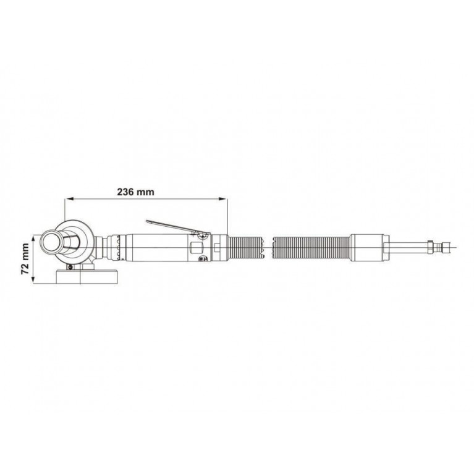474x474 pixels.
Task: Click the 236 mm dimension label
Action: click(135, 192)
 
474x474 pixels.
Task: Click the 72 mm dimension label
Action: click(25, 259)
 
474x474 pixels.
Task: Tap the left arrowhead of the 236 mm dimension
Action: click(69, 198)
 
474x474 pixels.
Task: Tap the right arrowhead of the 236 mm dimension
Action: click(223, 198)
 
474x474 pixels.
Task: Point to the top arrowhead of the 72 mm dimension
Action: click(33, 239)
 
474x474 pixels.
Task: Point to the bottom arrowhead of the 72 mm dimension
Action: click(33, 280)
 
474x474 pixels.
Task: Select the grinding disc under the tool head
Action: click(87, 276)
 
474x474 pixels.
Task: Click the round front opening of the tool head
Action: click(51, 243)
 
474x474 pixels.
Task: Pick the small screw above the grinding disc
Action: click(70, 267)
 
